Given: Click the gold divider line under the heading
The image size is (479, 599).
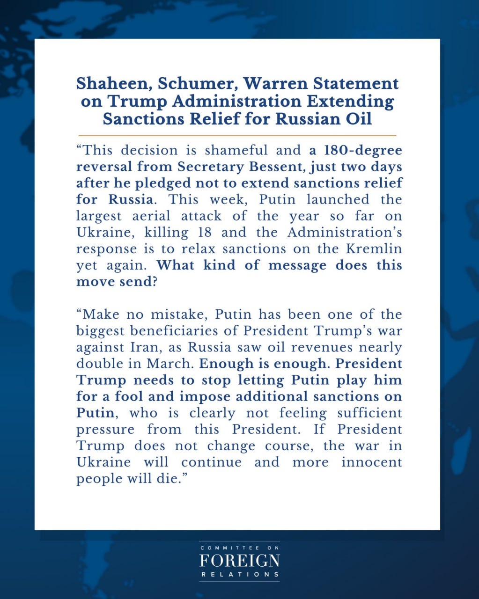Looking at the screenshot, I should click(x=237, y=135).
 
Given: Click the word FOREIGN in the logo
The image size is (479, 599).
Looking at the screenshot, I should click(x=239, y=561).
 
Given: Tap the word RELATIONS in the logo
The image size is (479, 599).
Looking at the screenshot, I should click(x=239, y=574).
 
